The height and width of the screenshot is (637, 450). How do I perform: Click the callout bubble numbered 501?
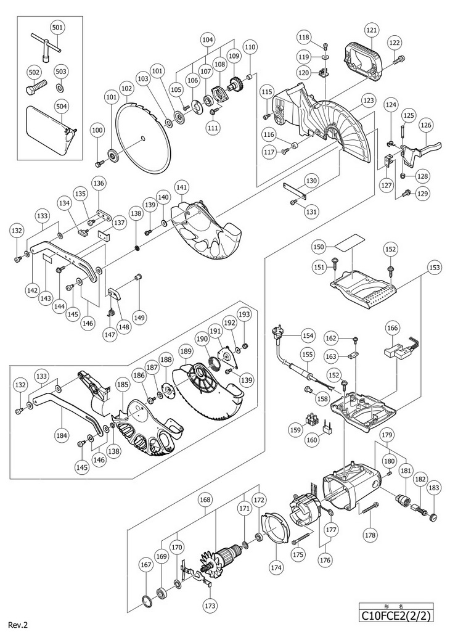coord(58,28)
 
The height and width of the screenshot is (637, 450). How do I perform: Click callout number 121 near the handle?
coord(371,30)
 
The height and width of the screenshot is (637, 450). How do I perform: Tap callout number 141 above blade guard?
coord(181,187)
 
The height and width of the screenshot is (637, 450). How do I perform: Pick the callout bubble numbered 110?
coord(250,47)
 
